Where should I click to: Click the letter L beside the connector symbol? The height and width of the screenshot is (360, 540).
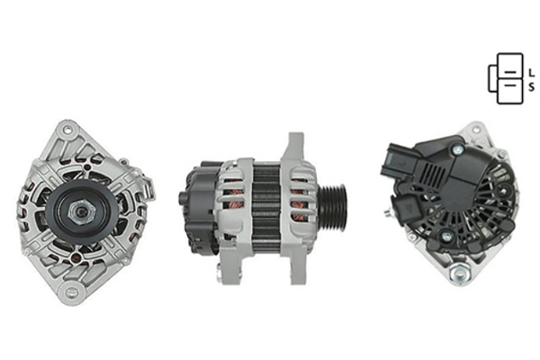[x=532, y=73]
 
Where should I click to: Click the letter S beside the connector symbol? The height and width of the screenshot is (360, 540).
[x=532, y=86]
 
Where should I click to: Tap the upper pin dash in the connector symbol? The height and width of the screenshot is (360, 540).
[x=510, y=72]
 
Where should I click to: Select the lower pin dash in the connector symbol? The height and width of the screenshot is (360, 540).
[x=510, y=85]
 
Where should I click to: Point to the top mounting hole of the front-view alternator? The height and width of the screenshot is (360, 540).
[x=67, y=130]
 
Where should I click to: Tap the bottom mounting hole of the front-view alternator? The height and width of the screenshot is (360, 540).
[x=70, y=291]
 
